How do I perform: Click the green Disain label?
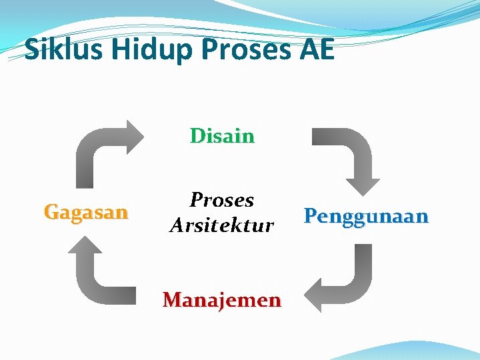point(222,136)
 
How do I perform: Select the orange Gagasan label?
point(85,213)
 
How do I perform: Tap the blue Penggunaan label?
point(366,216)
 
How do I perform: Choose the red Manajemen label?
point(222,300)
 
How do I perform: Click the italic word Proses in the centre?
point(222,199)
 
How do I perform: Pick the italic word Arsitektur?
point(222,225)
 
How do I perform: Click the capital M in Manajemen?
point(173,300)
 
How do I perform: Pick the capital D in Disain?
point(197,136)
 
